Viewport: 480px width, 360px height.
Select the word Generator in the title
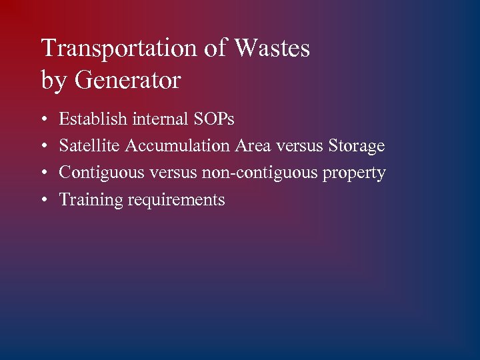pos(127,81)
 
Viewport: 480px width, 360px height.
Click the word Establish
pos(93,119)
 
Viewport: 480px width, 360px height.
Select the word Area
pos(252,146)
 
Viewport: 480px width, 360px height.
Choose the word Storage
pos(357,146)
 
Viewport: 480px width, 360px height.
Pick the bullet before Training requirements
pos(44,200)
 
